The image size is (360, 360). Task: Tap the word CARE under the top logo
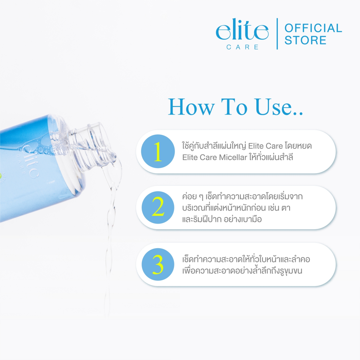243,47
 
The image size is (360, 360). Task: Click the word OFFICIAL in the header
313,28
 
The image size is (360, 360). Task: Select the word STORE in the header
306,40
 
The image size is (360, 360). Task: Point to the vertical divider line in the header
277,34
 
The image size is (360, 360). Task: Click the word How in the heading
191,107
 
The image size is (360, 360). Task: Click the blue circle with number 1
158,151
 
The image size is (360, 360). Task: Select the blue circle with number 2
158,207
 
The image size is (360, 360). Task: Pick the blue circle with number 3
158,264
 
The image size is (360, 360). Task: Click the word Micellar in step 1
233,157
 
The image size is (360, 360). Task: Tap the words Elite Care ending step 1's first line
265,146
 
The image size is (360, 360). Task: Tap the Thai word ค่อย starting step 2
189,197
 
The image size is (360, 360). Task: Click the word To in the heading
234,107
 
